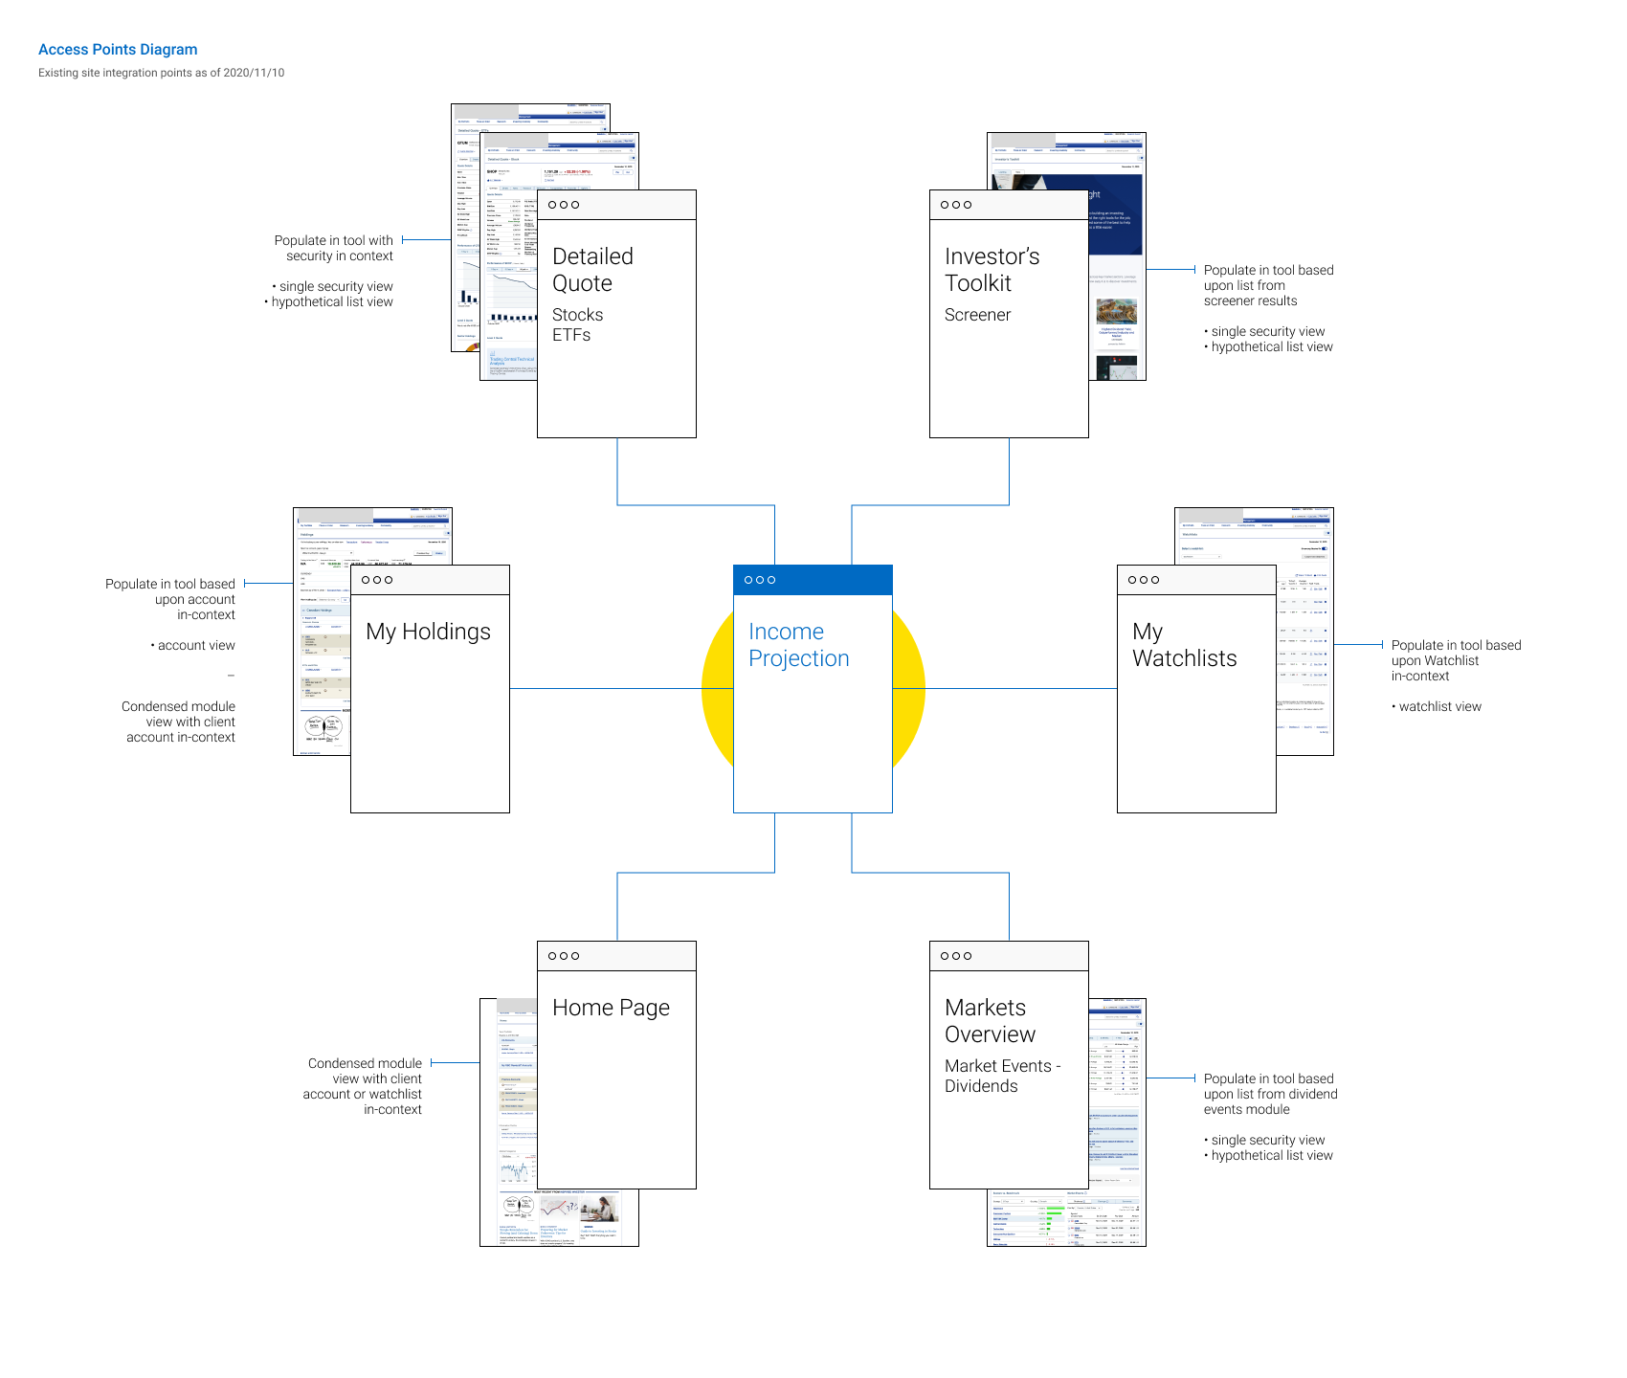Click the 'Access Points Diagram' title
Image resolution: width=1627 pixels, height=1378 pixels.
click(118, 50)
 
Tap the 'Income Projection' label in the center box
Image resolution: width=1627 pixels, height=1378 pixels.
click(798, 645)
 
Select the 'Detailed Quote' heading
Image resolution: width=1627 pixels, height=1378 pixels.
click(592, 270)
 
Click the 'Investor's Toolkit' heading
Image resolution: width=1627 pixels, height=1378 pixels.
click(992, 270)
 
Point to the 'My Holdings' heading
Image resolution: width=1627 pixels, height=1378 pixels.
click(428, 632)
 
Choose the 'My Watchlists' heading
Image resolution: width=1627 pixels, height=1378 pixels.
click(1184, 645)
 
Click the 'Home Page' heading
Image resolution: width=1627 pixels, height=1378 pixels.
click(611, 1008)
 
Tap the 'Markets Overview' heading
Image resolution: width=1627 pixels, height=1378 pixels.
click(990, 1021)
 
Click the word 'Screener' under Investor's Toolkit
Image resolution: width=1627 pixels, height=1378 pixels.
click(977, 315)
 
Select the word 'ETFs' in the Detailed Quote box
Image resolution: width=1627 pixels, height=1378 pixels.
click(571, 335)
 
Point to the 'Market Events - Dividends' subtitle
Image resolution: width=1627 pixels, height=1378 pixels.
click(1002, 1076)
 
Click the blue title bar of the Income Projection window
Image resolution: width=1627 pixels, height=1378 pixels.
click(813, 580)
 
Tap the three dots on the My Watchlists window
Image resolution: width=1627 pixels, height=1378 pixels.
click(1144, 580)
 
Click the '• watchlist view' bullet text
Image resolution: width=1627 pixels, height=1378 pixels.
click(1437, 707)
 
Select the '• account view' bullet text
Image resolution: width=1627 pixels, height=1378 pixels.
click(192, 646)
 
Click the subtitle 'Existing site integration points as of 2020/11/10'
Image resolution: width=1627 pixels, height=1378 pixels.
click(161, 73)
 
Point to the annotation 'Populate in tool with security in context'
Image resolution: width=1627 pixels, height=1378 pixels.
click(334, 248)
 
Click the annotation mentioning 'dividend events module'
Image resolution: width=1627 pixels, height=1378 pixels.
click(1270, 1094)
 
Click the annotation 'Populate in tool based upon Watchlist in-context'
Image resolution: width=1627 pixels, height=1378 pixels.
click(1456, 660)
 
